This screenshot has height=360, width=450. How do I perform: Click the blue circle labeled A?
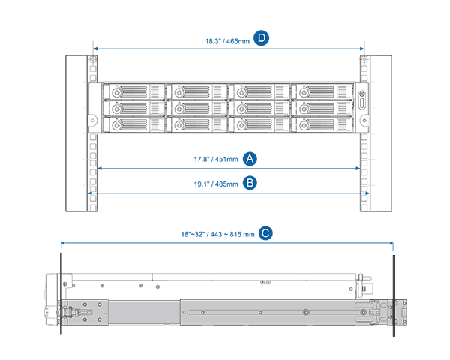pos(251,159)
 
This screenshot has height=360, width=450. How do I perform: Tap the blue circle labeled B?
pos(251,182)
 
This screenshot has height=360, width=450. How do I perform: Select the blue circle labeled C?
pos(265,233)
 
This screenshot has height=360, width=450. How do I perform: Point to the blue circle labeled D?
pos(261,38)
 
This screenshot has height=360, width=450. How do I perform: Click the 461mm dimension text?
pos(226,160)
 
